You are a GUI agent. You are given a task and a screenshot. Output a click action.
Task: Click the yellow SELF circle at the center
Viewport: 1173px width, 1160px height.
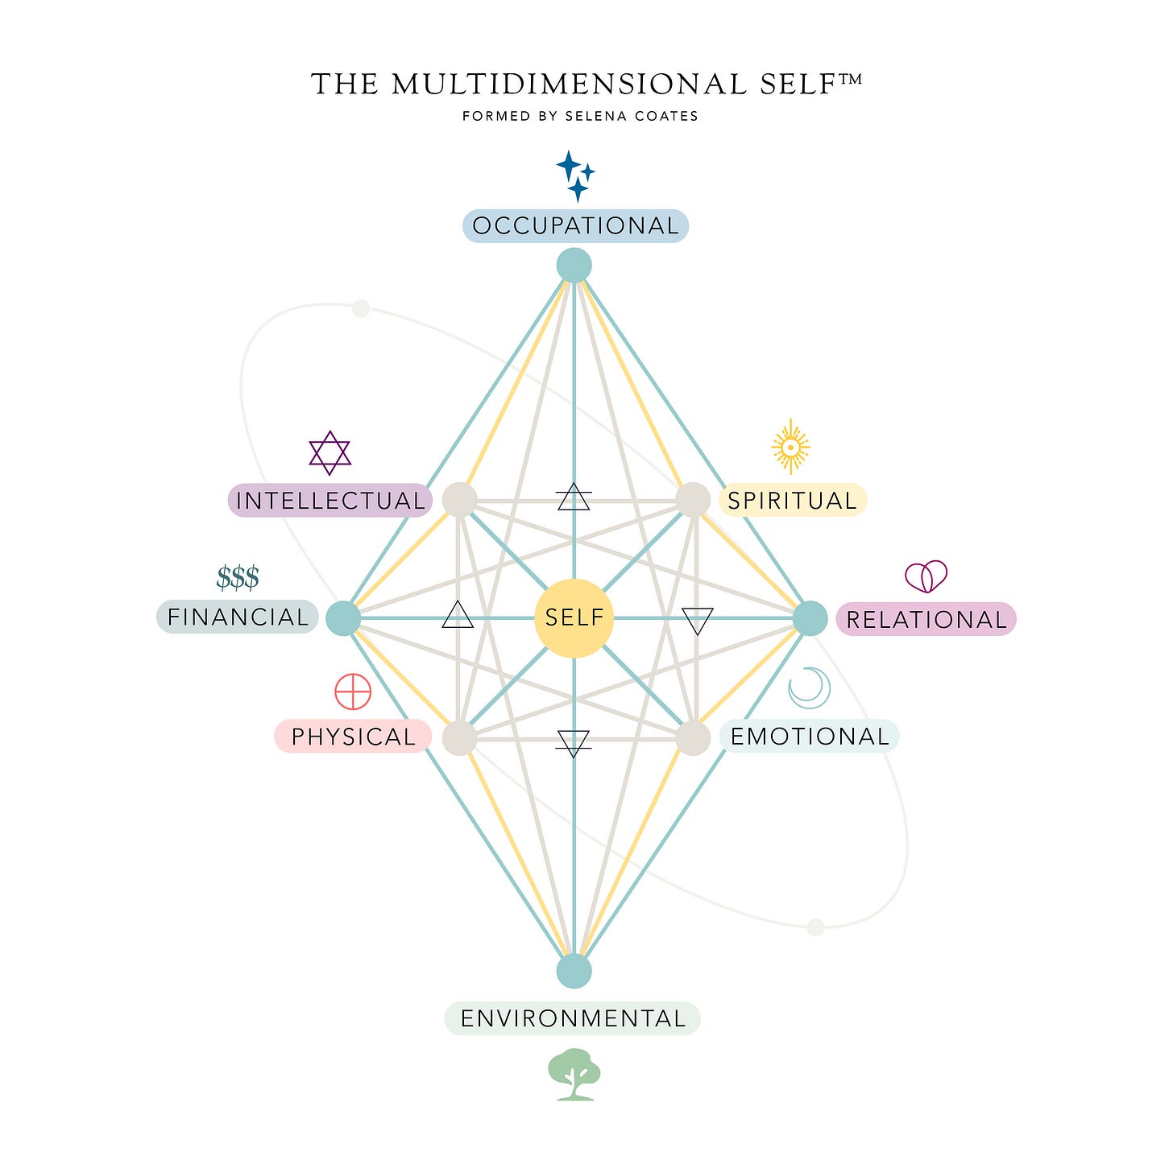[x=574, y=617]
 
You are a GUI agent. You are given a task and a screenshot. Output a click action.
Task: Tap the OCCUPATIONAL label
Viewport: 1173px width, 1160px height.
[x=575, y=226]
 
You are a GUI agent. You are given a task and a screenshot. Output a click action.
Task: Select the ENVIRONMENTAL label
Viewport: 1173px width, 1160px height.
[x=573, y=1018]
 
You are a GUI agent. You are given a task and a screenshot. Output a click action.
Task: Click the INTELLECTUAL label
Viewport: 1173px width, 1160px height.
[x=330, y=501]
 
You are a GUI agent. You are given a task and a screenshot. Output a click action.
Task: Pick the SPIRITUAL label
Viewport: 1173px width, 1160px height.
[x=792, y=501]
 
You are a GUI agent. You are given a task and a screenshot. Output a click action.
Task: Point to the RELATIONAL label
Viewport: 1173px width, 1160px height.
[x=926, y=619]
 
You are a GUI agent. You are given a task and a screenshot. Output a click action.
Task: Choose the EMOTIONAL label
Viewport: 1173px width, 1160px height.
[x=810, y=736]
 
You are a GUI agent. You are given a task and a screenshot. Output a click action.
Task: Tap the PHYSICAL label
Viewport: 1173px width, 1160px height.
[x=353, y=737]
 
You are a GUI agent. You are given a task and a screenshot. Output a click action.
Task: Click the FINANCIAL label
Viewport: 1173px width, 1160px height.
[x=238, y=617]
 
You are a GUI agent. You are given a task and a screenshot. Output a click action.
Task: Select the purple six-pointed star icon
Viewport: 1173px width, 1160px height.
[x=330, y=452]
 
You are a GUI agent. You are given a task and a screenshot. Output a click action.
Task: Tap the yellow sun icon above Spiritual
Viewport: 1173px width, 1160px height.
[x=790, y=446]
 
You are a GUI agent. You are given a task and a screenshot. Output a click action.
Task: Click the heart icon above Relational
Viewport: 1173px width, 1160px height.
[x=926, y=576]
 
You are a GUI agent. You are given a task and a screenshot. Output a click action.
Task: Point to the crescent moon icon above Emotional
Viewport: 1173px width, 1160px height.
[x=809, y=687]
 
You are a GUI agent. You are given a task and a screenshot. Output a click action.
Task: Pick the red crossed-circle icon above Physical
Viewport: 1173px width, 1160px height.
[x=353, y=691]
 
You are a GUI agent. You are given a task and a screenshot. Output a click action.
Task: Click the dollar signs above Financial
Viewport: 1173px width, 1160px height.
[x=238, y=578]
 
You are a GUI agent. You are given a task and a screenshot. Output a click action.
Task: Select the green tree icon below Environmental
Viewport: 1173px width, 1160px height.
[x=574, y=1074]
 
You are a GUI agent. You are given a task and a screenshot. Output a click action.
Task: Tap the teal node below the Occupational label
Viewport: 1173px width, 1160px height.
[x=574, y=265]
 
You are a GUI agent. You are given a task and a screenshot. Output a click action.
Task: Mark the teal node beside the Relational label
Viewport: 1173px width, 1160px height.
[x=810, y=618]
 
